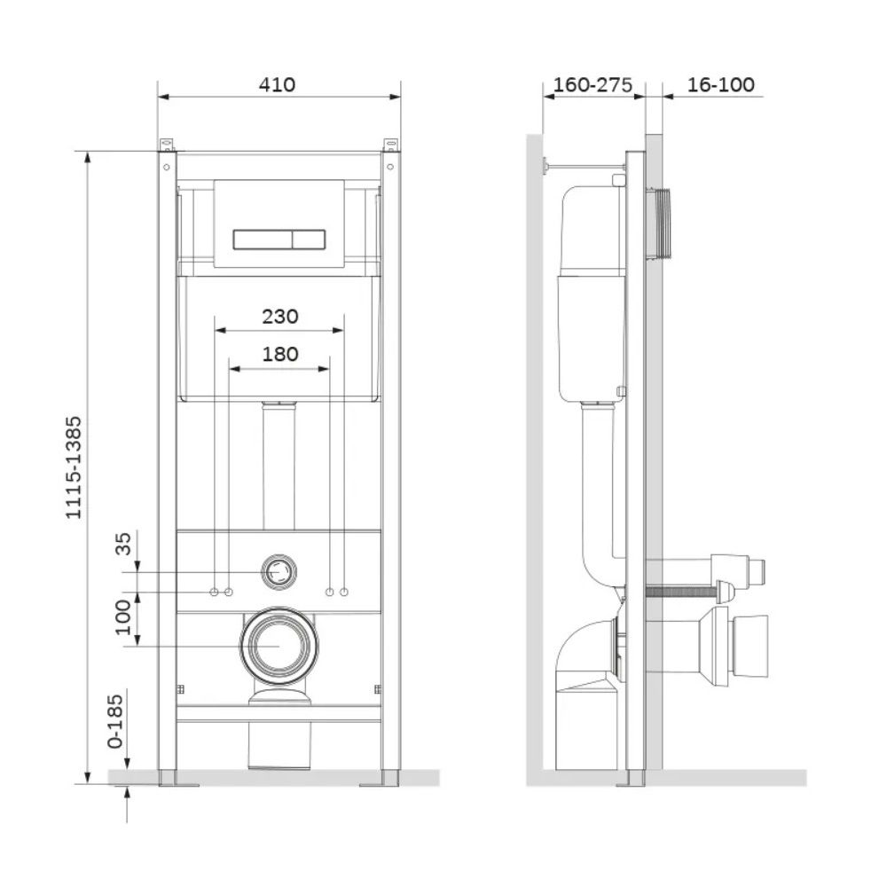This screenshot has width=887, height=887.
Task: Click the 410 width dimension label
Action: tap(277, 85)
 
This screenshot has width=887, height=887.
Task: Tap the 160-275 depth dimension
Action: tap(593, 85)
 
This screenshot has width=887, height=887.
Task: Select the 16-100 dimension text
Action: tap(720, 85)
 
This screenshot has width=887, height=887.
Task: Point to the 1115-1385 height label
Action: tap(75, 467)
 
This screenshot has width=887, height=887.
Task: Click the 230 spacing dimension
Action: tap(280, 317)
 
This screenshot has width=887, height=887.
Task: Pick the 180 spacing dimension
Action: tap(280, 354)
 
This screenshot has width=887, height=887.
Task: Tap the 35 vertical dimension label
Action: tap(122, 543)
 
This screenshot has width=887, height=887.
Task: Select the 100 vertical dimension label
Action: tap(122, 617)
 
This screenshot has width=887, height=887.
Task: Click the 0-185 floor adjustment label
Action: tap(114, 721)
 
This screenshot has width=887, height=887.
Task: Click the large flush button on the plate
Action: tap(263, 239)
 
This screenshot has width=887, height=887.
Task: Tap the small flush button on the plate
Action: tap(309, 239)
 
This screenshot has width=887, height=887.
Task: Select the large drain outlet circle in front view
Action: tap(279, 646)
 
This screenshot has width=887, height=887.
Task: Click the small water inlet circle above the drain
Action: tap(279, 572)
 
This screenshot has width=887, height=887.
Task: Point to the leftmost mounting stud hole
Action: tap(215, 592)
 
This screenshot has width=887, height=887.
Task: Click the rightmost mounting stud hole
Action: tap(344, 592)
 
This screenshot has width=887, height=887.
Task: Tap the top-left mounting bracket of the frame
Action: tap(167, 145)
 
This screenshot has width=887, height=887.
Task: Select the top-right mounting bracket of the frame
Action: tap(391, 145)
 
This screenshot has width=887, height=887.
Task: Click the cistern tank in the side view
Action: tap(592, 292)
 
